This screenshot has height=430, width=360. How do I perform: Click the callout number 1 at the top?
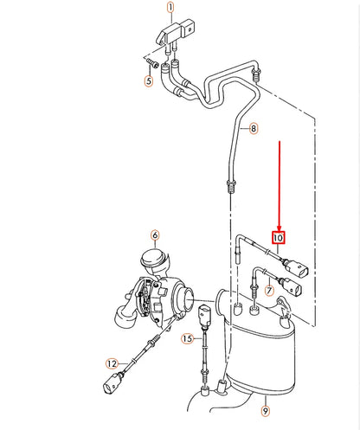click(x=170, y=10)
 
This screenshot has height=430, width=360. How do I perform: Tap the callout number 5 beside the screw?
click(x=148, y=83)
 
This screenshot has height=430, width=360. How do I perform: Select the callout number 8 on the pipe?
click(x=253, y=129)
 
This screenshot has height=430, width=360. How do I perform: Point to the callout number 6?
click(x=155, y=234)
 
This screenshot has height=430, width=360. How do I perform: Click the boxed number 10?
click(x=278, y=237)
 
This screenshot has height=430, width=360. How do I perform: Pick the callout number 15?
click(x=187, y=339)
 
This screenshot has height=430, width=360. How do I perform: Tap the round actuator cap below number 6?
click(x=154, y=257)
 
